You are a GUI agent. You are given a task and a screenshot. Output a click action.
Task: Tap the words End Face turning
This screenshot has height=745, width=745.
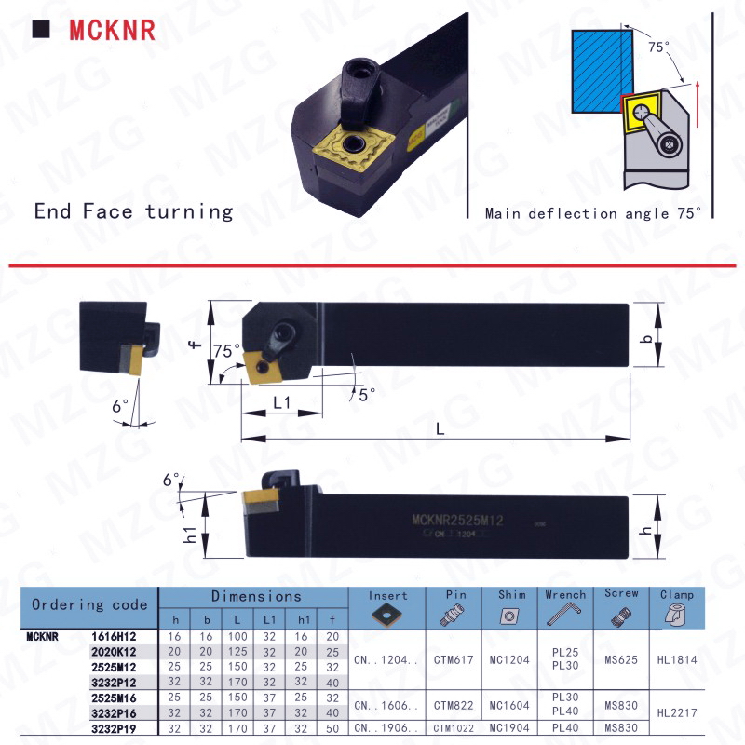133,211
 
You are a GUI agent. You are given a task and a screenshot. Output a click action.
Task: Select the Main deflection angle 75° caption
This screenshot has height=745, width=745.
592,213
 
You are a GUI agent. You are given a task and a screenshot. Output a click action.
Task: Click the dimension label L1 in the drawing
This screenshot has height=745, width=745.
283,403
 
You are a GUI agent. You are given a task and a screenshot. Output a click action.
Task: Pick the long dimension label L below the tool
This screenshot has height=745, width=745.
438,427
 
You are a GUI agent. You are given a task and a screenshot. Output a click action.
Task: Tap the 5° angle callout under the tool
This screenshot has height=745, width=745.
367,394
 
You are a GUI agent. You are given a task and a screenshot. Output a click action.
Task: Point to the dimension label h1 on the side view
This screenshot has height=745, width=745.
189,535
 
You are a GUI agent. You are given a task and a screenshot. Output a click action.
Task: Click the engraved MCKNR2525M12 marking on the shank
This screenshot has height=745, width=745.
456,521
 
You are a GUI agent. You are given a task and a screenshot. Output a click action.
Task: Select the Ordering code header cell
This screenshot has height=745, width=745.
89,604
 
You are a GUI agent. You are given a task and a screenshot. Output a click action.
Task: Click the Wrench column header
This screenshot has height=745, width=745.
565,594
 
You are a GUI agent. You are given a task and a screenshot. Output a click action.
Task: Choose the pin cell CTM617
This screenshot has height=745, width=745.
455,659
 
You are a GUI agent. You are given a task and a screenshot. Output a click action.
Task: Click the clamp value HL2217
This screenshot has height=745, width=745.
677,713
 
